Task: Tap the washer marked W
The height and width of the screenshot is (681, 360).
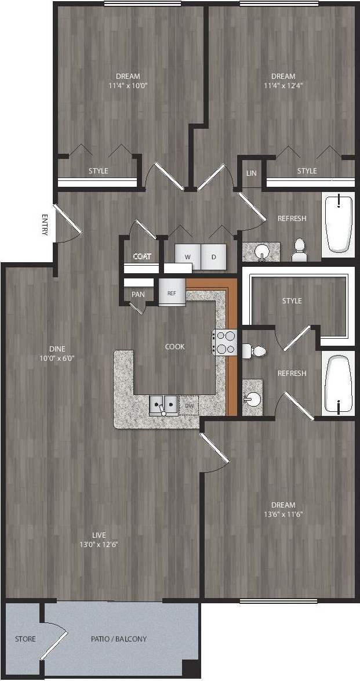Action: click(188, 256)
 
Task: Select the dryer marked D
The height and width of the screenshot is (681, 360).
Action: click(213, 256)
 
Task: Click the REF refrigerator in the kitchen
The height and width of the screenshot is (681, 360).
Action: click(172, 293)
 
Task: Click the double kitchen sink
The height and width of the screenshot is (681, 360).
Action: click(163, 404)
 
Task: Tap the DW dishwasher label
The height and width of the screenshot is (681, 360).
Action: click(189, 406)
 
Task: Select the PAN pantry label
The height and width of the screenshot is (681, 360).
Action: click(138, 294)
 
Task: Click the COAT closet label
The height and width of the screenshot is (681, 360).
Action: click(142, 256)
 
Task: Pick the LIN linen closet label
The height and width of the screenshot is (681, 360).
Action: click(251, 173)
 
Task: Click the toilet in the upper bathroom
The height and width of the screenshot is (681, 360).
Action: click(300, 249)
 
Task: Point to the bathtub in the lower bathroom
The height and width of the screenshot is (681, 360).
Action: click(338, 382)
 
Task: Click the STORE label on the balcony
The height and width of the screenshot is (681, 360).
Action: click(25, 639)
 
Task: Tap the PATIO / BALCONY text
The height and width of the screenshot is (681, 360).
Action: click(118, 639)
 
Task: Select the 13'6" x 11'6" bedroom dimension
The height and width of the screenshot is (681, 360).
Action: click(283, 514)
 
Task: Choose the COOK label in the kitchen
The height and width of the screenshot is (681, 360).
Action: click(174, 346)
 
